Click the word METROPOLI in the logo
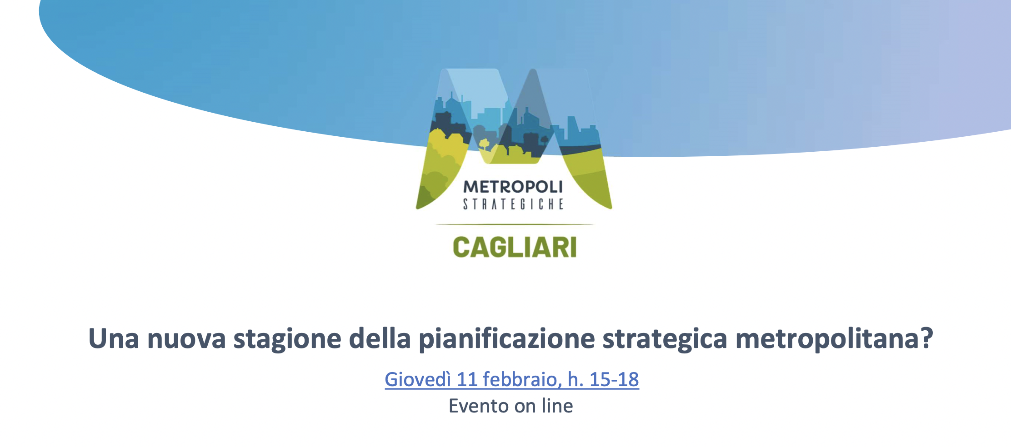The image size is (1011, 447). [x=513, y=187]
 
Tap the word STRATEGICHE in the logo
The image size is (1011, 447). [x=513, y=204]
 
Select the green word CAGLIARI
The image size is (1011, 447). [x=515, y=248]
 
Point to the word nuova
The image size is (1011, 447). [x=186, y=339]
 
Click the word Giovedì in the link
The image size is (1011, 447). [x=418, y=380]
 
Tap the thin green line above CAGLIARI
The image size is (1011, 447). [x=514, y=224]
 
